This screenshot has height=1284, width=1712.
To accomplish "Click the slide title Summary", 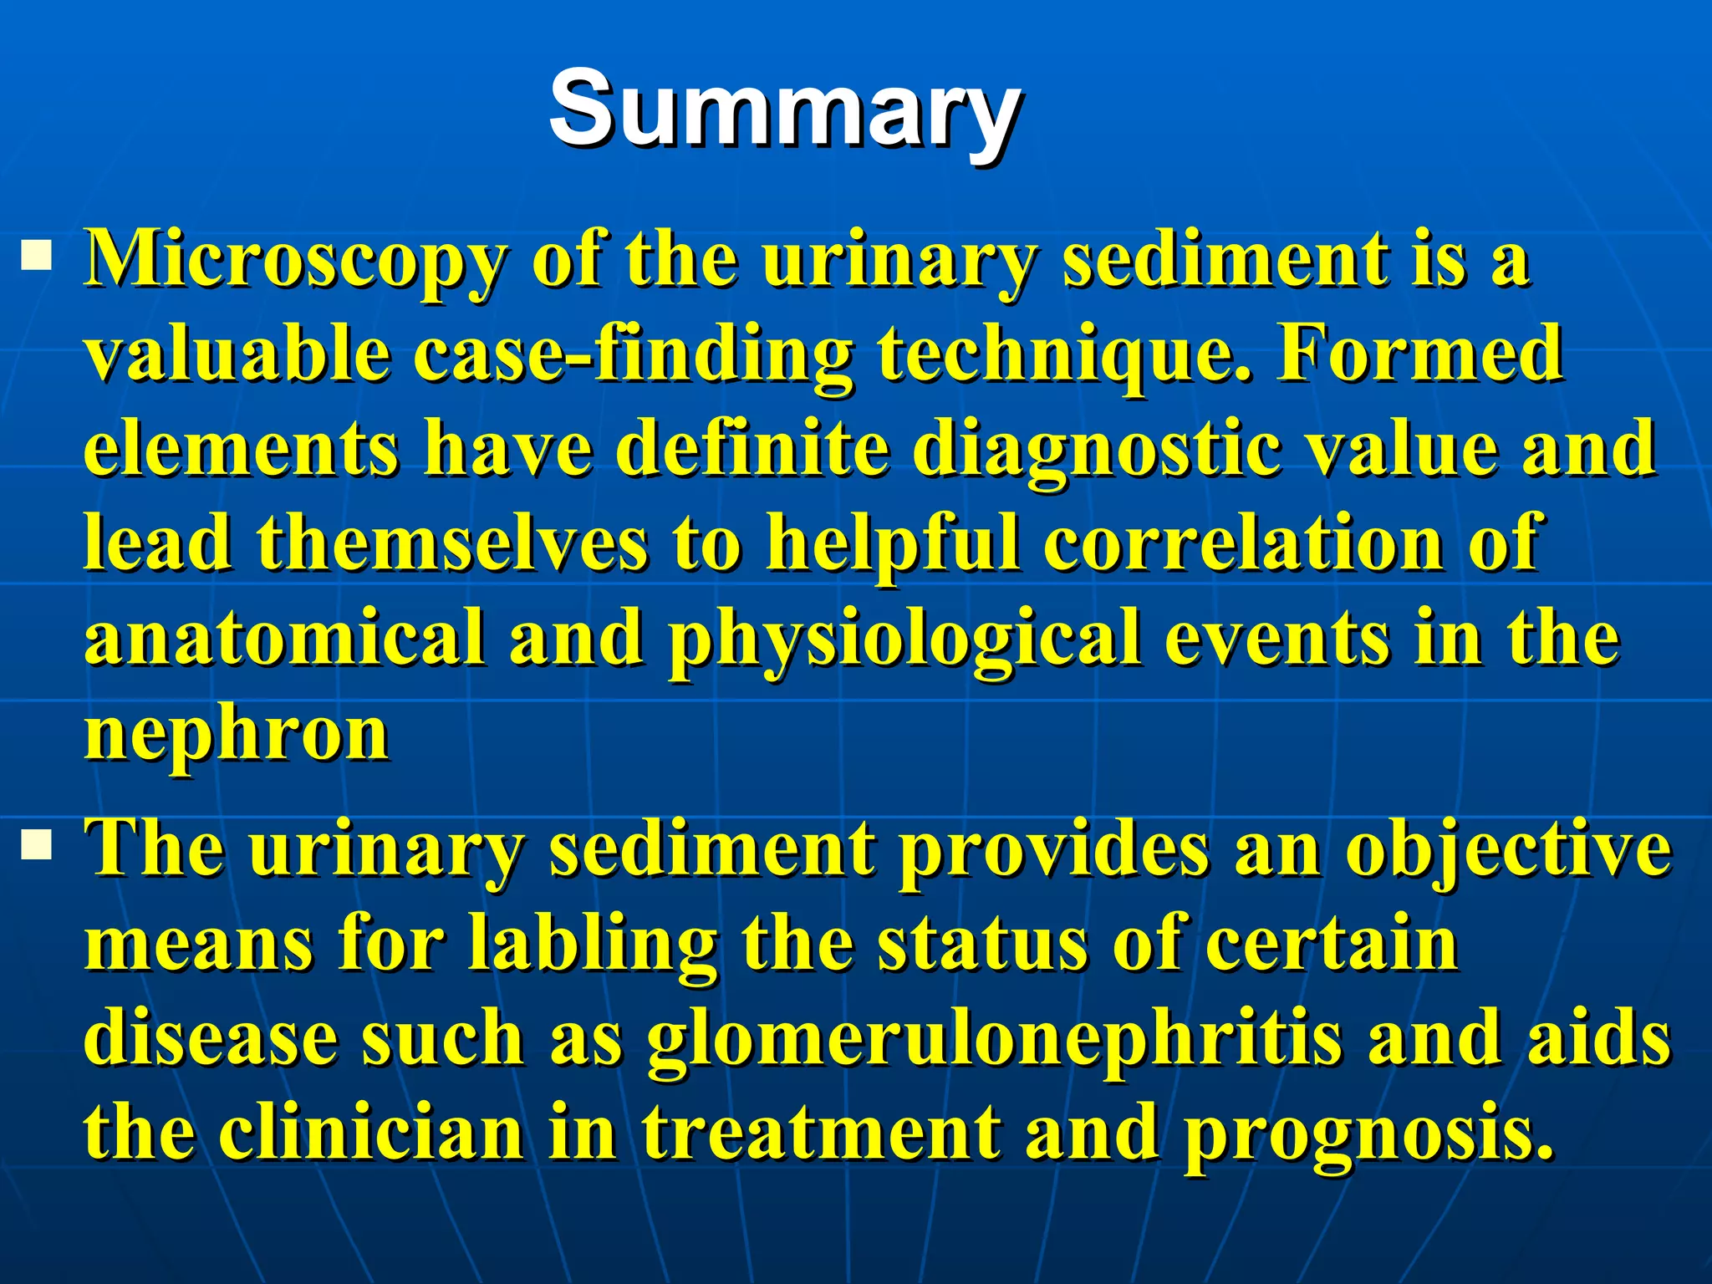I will coord(783,111).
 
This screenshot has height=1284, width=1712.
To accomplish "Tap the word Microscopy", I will coord(294,261).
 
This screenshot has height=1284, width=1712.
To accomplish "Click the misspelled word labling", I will coord(592,945).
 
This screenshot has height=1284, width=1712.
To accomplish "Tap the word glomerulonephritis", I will coord(995,1041).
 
